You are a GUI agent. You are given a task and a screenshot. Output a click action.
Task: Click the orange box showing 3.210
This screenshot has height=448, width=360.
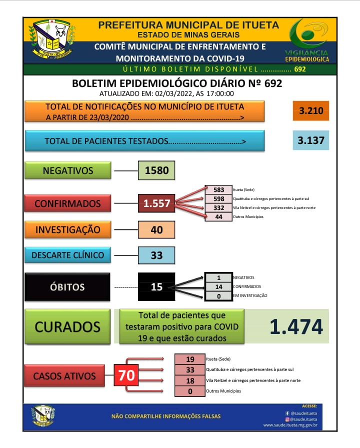311,110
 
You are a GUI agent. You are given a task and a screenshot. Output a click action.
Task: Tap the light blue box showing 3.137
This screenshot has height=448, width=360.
311,140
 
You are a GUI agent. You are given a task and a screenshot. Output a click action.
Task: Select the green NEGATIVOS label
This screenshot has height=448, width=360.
67,170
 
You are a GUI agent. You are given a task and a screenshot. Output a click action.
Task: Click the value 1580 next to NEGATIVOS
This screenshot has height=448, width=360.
156,170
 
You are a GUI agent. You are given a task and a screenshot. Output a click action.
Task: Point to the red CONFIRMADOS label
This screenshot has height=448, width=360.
67,203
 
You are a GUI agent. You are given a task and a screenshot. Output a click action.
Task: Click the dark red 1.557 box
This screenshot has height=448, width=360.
156,203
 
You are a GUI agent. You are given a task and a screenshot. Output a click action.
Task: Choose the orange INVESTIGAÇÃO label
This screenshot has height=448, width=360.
67,230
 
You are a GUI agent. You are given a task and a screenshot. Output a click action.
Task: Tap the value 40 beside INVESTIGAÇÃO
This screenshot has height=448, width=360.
156,230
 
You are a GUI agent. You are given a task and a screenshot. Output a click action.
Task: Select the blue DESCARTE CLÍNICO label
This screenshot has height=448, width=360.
67,255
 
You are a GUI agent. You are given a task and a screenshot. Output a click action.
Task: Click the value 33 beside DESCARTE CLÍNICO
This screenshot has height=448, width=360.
156,255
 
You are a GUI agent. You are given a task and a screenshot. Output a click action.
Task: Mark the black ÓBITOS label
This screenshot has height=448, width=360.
67,287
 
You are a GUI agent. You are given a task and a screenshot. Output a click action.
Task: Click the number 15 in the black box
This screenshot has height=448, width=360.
156,287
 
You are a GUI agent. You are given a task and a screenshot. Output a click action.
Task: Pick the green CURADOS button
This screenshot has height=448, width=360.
67,326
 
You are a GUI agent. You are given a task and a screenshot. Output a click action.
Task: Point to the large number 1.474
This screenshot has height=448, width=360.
296,326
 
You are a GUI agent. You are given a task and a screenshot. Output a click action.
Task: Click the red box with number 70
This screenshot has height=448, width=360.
127,375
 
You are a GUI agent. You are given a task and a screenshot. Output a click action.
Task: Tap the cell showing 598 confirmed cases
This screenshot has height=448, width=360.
218,198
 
